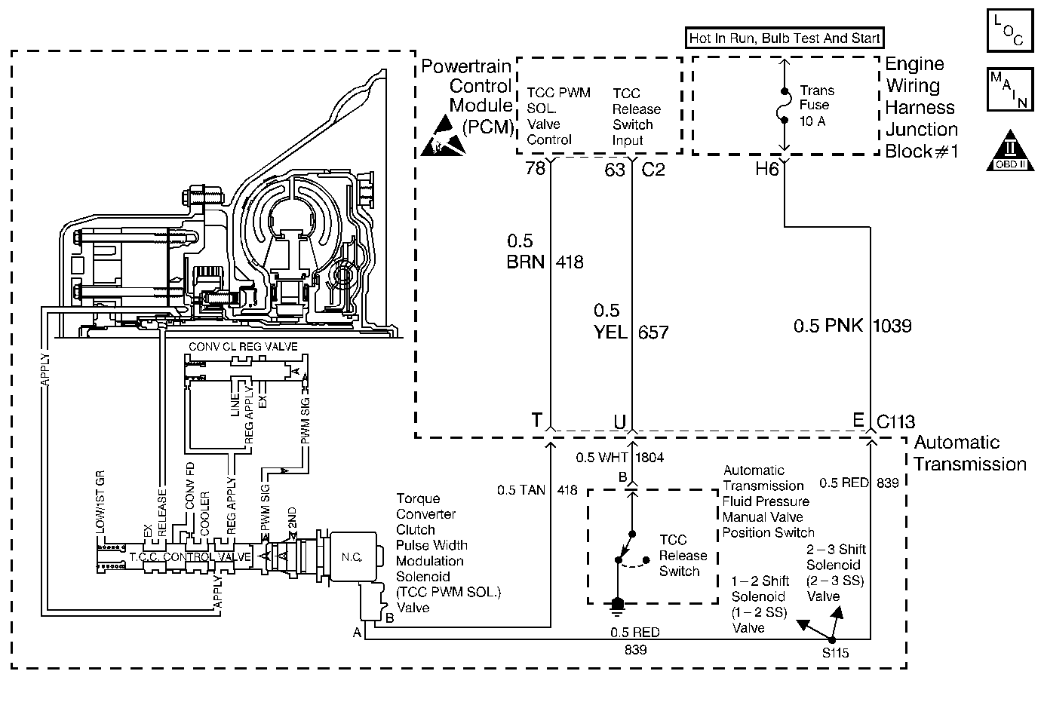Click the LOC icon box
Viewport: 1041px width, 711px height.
coord(1008,30)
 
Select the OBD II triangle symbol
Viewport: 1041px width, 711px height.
coord(1008,152)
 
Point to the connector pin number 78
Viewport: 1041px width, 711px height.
coord(536,169)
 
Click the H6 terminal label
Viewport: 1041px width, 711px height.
coord(766,169)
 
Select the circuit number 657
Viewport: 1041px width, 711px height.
coord(653,332)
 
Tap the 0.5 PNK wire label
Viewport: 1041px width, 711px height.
coord(830,326)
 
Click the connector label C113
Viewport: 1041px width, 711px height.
coord(896,421)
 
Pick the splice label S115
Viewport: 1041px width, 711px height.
coord(836,653)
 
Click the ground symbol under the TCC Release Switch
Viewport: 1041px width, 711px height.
coord(618,603)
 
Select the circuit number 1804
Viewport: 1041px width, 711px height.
coord(649,458)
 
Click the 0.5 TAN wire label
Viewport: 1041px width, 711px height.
coord(521,490)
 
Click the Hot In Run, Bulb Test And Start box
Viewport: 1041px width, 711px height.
coord(785,38)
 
